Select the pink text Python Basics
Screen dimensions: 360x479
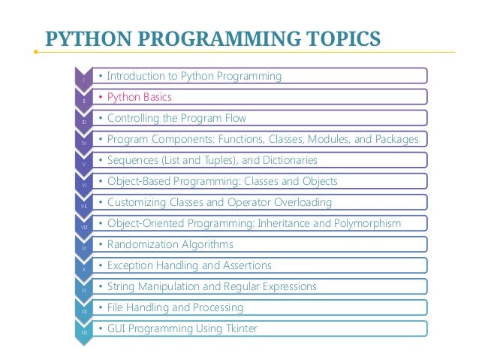(x=140, y=97)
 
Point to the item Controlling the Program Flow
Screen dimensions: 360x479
(x=176, y=118)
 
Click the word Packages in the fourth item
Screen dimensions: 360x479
(x=395, y=139)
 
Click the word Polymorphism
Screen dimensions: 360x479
(x=366, y=223)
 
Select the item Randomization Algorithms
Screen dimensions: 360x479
(x=170, y=244)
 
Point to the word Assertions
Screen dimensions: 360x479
(x=245, y=265)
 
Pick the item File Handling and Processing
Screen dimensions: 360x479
(x=176, y=307)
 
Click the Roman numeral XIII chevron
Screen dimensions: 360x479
(x=84, y=331)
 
